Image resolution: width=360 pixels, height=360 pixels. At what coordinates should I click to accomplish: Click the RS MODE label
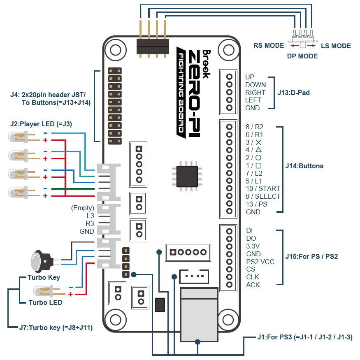(x=269, y=46)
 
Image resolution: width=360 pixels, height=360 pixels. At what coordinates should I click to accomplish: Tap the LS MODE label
(x=336, y=46)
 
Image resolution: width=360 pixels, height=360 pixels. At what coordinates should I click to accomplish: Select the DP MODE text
(x=302, y=56)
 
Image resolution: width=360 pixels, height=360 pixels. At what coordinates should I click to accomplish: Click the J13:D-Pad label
(x=293, y=93)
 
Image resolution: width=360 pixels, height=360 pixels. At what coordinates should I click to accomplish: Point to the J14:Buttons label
(x=304, y=166)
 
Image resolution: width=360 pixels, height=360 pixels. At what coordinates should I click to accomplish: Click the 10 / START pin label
(x=263, y=188)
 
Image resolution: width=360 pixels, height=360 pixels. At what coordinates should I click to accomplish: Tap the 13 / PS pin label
(x=256, y=204)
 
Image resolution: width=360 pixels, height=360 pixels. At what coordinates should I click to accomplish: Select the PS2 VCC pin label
(x=260, y=262)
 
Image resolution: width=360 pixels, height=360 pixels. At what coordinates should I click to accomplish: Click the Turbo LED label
(x=45, y=303)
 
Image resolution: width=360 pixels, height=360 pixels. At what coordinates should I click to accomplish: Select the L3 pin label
(x=90, y=216)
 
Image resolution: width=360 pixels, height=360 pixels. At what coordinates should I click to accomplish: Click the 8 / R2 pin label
(x=254, y=127)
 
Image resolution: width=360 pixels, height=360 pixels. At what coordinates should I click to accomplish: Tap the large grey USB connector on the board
(x=199, y=315)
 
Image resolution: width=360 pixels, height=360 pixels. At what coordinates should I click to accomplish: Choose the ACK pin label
(x=253, y=285)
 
